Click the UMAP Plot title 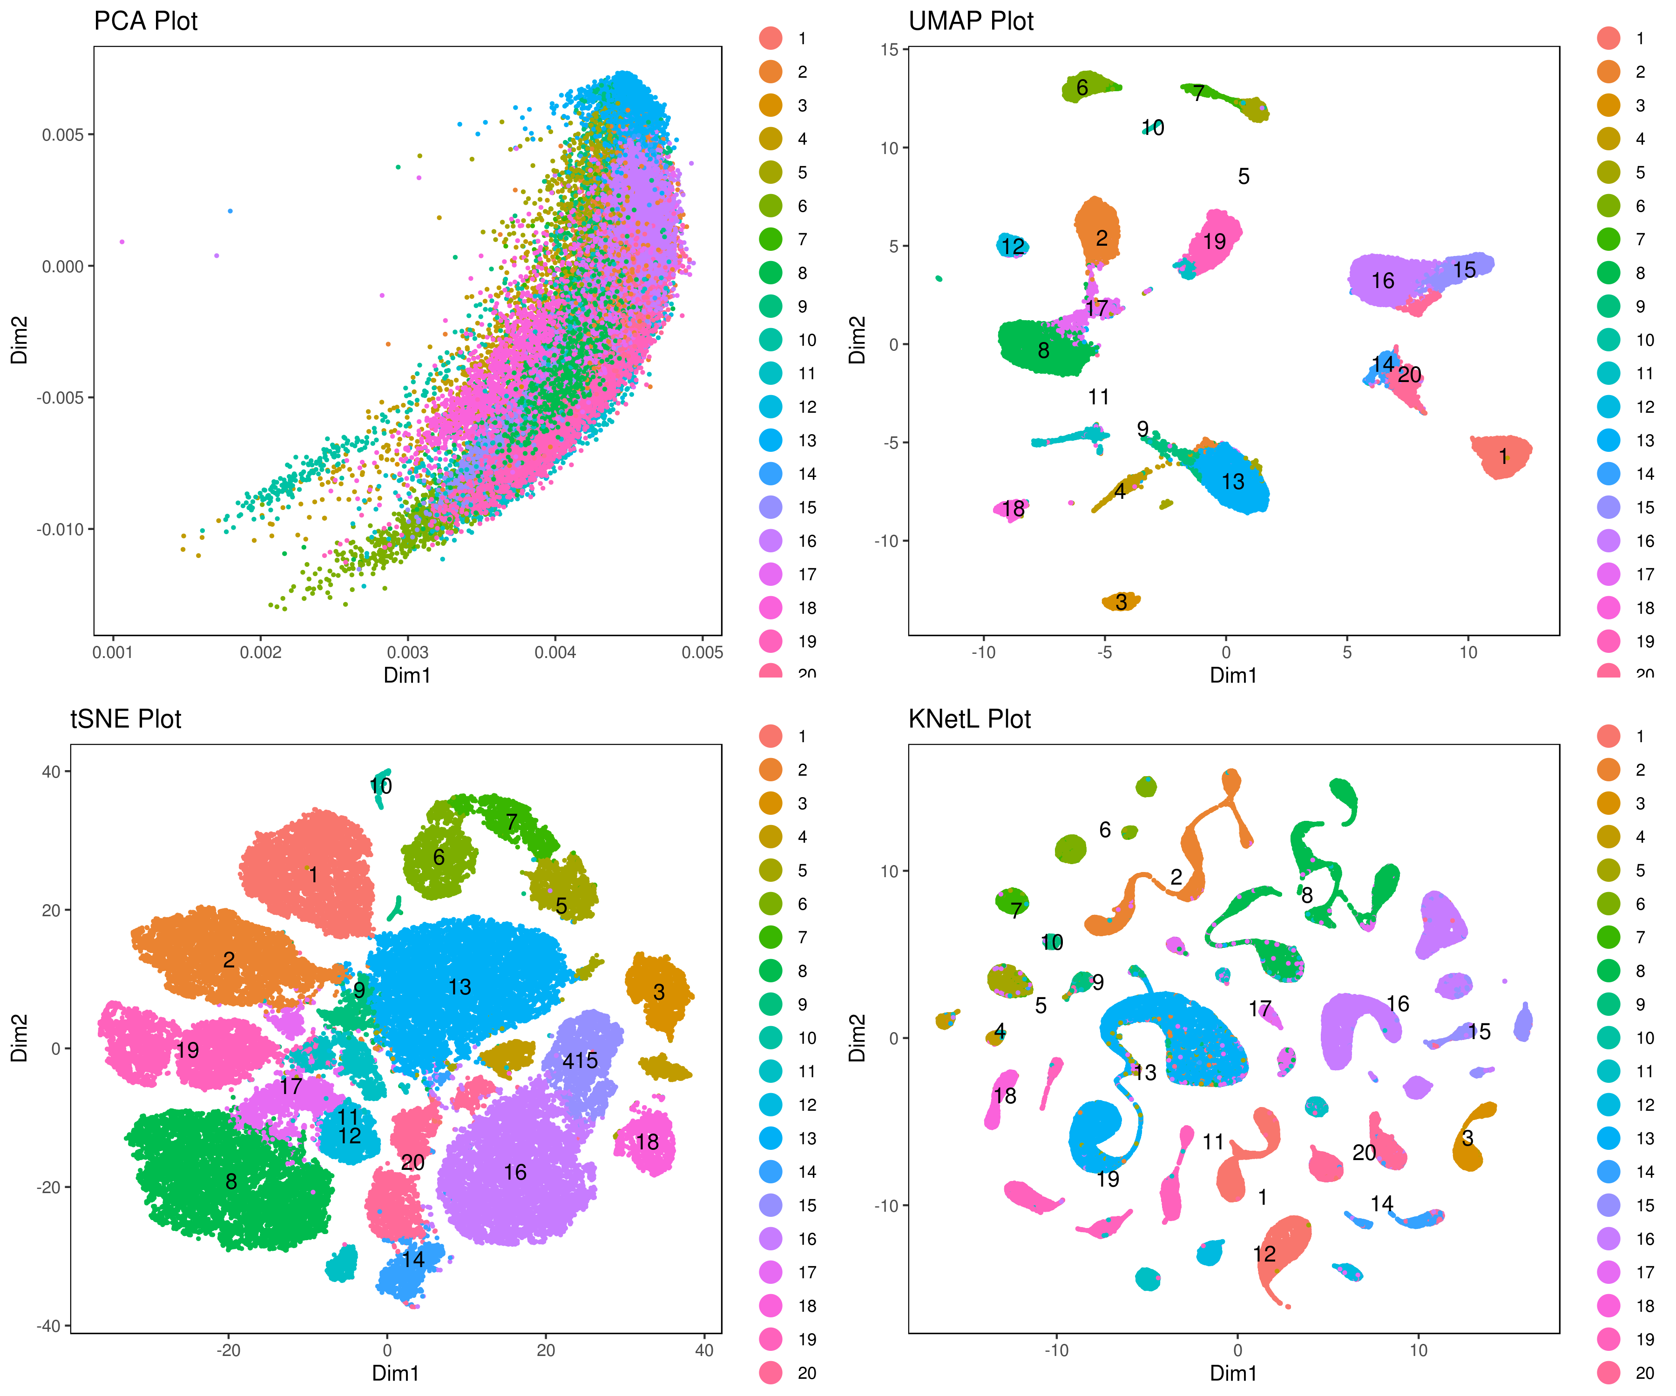(x=971, y=21)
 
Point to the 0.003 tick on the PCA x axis (x=408, y=652)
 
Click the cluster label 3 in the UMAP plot (x=1122, y=602)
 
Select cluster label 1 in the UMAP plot (x=1503, y=456)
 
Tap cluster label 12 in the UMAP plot (x=1013, y=247)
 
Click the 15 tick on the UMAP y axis (x=889, y=49)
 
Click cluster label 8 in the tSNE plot (x=230, y=1181)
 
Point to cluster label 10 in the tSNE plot (x=381, y=786)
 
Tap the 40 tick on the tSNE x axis (x=704, y=1350)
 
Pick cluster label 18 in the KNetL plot (x=1005, y=1096)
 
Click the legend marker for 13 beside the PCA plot (x=771, y=440)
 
